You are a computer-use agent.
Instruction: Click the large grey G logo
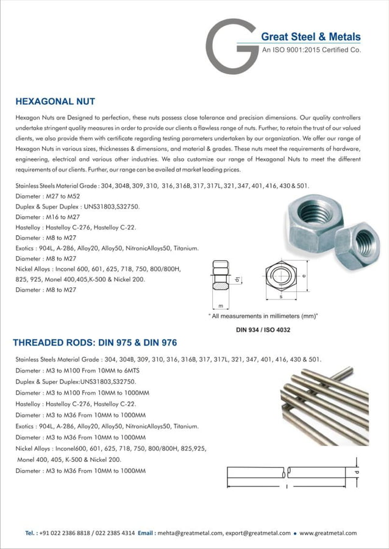point(230,47)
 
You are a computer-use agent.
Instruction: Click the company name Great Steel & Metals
point(310,37)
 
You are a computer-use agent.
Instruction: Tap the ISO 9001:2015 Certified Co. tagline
point(311,51)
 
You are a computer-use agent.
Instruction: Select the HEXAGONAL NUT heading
point(55,101)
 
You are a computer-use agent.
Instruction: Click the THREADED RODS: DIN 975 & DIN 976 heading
point(95,343)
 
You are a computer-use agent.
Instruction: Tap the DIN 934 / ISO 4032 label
point(263,330)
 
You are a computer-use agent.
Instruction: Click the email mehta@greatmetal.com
point(188,533)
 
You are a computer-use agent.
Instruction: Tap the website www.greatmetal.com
point(328,533)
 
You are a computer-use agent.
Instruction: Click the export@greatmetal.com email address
point(257,533)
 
